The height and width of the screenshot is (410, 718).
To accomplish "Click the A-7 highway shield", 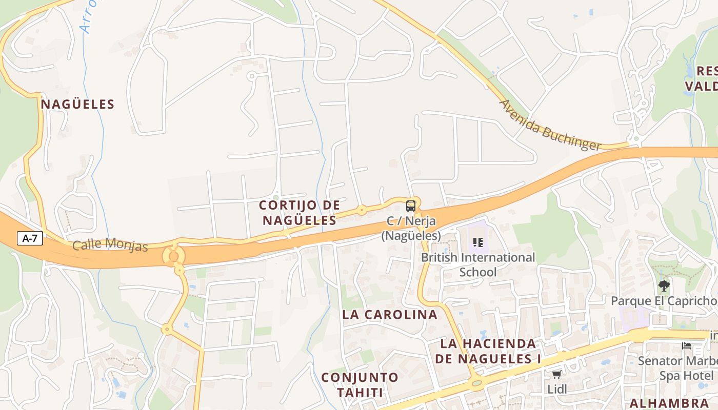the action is [x=30, y=238].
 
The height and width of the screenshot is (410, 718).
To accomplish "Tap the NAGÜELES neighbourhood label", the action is [x=77, y=105].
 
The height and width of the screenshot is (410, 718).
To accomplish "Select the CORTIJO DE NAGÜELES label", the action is [x=300, y=213].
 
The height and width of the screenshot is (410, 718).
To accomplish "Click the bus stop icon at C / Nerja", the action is [x=411, y=206].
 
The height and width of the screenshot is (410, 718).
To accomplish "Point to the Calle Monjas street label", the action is [x=110, y=245].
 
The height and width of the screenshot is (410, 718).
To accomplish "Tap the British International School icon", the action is [x=478, y=242].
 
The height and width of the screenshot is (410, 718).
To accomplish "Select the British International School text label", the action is [x=478, y=264].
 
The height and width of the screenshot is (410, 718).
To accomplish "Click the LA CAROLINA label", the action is [x=390, y=315].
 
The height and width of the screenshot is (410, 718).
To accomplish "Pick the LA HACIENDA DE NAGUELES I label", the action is [x=488, y=351].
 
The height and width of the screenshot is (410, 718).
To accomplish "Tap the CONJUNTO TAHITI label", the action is [x=360, y=385].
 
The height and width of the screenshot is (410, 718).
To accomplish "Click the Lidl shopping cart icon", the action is [x=557, y=375].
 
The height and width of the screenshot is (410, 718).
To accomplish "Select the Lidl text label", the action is [x=557, y=389].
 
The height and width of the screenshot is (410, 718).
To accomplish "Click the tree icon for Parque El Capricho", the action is [x=664, y=285].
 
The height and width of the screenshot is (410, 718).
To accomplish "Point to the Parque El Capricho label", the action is [x=664, y=301].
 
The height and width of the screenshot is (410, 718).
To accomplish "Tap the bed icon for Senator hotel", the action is [x=687, y=346].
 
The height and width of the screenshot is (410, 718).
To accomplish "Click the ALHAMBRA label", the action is [x=669, y=402].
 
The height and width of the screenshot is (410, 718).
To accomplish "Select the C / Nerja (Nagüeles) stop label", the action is [x=411, y=229].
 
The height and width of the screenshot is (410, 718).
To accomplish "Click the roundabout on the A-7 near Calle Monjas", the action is [x=173, y=256].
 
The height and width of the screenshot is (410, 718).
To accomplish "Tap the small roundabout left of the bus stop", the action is [x=362, y=210].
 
